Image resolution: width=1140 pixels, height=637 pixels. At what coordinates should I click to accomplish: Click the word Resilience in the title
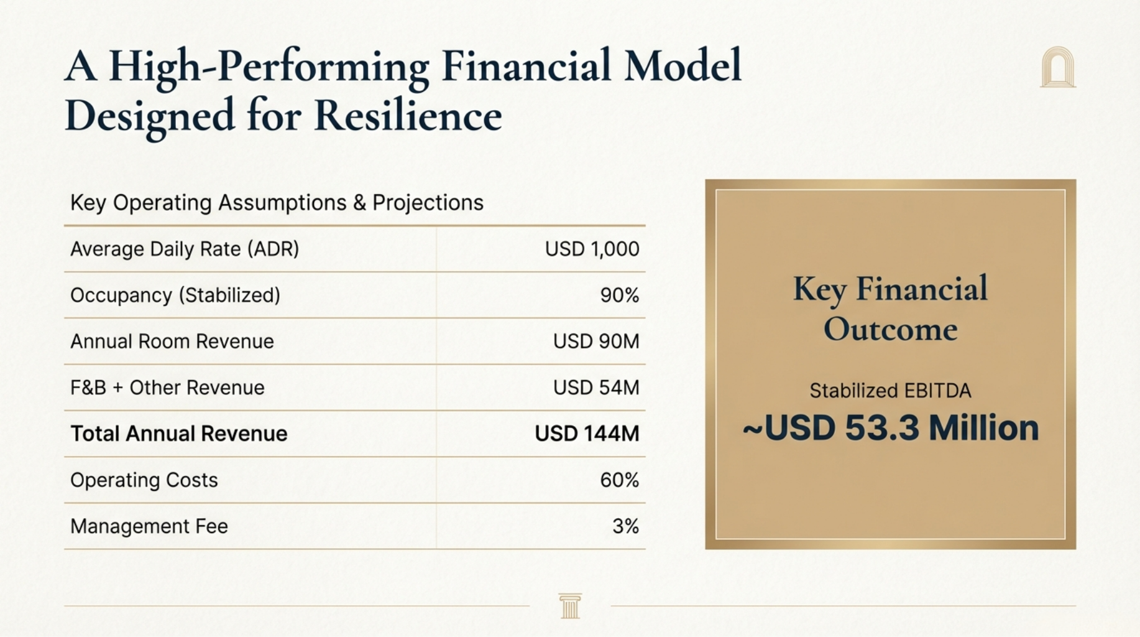coord(408,116)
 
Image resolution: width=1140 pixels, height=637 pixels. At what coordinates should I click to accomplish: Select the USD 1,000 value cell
coord(592,249)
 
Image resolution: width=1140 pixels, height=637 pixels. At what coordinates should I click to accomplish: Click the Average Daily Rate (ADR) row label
coord(185,249)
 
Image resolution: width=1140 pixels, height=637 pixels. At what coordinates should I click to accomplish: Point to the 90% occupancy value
coord(620,295)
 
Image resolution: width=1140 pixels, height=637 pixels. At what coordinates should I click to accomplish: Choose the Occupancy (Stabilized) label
coord(175,295)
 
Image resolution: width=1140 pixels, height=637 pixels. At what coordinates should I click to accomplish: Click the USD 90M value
coord(596,341)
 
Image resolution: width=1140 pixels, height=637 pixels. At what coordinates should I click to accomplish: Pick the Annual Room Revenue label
coord(172,341)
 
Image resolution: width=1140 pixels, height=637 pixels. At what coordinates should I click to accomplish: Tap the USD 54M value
coord(596,388)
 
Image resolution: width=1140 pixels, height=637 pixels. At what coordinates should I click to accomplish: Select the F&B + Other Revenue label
coord(167,388)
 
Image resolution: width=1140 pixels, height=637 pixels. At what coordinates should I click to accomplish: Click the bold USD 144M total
coord(587,434)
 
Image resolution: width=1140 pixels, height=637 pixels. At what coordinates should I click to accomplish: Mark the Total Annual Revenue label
coord(179,434)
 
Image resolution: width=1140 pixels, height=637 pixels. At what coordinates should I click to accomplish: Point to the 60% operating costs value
coord(620,480)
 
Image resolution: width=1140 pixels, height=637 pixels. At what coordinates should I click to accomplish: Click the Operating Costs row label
coord(144,480)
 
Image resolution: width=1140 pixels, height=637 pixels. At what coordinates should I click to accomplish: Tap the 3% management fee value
coord(626,526)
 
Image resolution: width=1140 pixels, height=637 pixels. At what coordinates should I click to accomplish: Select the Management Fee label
coord(149,526)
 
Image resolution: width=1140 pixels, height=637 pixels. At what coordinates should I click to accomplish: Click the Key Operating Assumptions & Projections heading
coord(277,203)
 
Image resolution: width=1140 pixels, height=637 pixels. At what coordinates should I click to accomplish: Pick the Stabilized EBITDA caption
coord(890,391)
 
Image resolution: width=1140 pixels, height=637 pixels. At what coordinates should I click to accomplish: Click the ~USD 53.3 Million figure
coord(891,428)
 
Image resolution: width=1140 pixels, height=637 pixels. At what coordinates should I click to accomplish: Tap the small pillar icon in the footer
coord(570,606)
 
